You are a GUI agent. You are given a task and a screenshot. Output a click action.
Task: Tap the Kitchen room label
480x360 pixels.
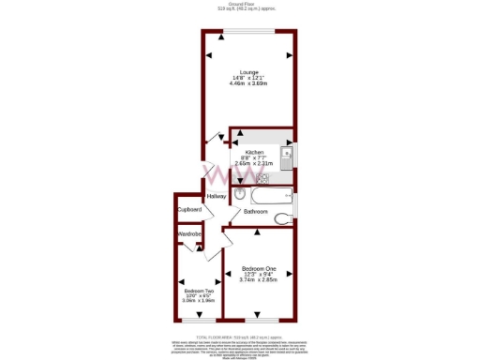click(254, 152)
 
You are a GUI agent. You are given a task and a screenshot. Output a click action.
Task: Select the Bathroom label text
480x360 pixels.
click(256, 212)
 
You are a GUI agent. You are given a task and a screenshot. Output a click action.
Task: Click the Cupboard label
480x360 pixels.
click(189, 210)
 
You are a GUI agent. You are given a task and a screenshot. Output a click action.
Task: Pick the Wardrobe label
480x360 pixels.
click(190, 233)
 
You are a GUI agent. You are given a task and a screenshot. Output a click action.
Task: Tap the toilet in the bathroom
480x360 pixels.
click(241, 195)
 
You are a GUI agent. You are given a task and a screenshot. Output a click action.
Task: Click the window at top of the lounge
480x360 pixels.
click(249, 32)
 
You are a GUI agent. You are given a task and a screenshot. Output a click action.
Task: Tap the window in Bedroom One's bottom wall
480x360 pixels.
click(257, 322)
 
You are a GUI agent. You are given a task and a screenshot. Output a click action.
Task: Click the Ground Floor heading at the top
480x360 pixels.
click(240, 4)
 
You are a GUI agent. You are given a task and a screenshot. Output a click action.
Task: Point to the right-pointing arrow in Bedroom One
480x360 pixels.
click(288, 273)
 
